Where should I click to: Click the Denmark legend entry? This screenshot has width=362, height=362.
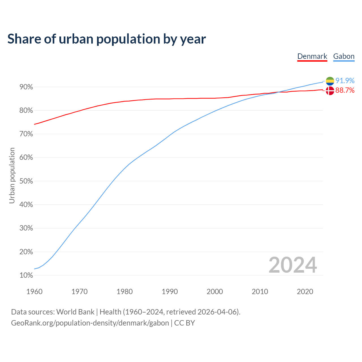point(312,56)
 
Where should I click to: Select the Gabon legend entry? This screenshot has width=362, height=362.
point(344,56)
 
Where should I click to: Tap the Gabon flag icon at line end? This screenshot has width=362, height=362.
point(330,81)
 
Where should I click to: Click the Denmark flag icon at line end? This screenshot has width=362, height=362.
point(330,90)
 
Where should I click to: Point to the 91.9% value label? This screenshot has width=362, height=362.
point(345,81)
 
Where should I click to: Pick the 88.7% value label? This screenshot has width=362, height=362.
point(345,90)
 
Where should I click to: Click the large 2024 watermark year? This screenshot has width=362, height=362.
point(293,265)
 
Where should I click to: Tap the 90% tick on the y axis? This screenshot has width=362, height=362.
point(26,87)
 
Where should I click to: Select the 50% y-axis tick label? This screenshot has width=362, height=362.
point(26,181)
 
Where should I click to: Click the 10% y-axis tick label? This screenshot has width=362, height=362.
point(26,275)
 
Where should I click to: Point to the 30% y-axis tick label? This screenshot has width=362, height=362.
point(26,228)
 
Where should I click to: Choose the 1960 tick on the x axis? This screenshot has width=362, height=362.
point(34,292)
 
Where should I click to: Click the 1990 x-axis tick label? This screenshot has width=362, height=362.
point(170,292)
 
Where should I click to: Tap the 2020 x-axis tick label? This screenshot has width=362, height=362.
point(305,292)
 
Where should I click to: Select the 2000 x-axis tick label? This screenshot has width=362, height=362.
point(215,292)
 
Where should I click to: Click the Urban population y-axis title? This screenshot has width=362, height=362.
point(12,175)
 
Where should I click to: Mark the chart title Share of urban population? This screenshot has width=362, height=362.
point(106,39)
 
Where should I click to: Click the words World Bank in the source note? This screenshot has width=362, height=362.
point(75,312)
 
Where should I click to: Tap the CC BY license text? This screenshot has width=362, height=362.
point(184,323)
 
